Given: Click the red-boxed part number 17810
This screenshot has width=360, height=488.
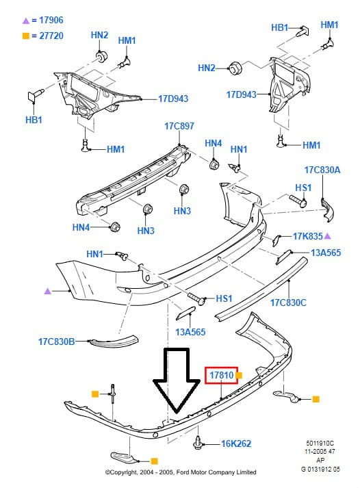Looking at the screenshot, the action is click(x=221, y=375).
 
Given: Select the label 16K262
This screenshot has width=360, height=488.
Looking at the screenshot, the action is click(x=236, y=444).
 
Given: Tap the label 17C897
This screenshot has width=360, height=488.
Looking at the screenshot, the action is click(x=179, y=126).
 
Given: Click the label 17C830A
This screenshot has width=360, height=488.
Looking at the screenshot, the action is click(x=322, y=170).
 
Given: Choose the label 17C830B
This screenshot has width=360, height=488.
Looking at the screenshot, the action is click(x=56, y=342).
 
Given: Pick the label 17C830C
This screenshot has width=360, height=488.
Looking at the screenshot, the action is click(x=288, y=303).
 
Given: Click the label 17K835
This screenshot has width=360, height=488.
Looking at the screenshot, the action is click(x=308, y=236).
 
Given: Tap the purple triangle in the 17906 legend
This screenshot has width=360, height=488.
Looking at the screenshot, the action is click(x=26, y=21).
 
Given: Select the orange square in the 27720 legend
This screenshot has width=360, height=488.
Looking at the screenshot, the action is click(x=26, y=36).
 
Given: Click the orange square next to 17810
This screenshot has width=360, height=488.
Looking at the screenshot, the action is click(x=239, y=375).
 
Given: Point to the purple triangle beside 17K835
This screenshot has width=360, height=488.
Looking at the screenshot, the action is click(x=327, y=236).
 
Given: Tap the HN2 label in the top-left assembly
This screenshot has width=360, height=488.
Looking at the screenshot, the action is click(x=99, y=35).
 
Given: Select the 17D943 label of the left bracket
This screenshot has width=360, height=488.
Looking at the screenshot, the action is click(x=173, y=99).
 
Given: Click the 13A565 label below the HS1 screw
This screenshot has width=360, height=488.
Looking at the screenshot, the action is click(x=190, y=332).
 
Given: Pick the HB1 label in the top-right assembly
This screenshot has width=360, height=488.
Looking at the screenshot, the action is click(x=280, y=27).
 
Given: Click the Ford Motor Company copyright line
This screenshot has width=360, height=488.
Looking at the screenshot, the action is click(x=181, y=472).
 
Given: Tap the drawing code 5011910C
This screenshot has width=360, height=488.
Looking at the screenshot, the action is click(x=320, y=444).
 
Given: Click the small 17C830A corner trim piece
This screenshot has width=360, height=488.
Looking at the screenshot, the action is click(x=326, y=210).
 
